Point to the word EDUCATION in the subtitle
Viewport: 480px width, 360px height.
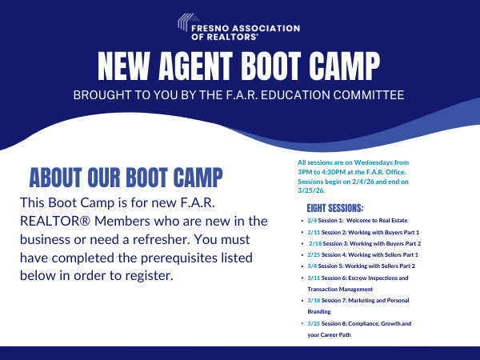pyautogui.click(x=282, y=94)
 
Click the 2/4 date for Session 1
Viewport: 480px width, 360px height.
pyautogui.click(x=312, y=219)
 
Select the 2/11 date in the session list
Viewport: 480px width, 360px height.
pyautogui.click(x=314, y=230)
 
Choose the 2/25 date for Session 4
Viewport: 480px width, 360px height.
pyautogui.click(x=314, y=254)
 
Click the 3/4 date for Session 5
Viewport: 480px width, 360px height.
pyautogui.click(x=312, y=266)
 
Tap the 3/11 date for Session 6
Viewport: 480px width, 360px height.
pyautogui.click(x=314, y=278)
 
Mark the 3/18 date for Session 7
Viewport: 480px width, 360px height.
pyautogui.click(x=314, y=300)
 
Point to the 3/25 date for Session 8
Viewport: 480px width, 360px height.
pyautogui.click(x=314, y=323)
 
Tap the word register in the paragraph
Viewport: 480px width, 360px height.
pyautogui.click(x=144, y=276)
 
